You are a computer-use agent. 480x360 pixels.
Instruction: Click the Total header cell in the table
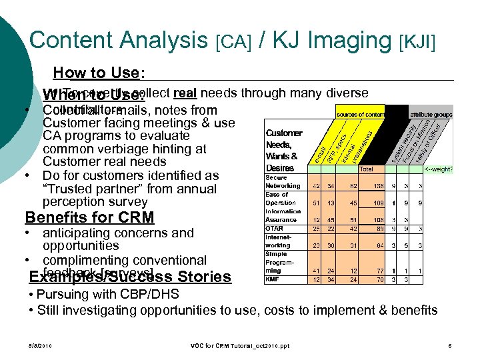tap(366, 169)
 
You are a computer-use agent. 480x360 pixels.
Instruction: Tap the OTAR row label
tap(275, 228)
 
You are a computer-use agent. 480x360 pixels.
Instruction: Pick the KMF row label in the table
tap(273, 279)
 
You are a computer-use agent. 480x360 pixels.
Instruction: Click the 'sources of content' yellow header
tap(361, 114)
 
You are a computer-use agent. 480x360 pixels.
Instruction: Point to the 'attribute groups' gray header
tap(431, 114)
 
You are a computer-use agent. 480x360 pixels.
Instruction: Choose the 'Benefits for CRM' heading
tap(89, 217)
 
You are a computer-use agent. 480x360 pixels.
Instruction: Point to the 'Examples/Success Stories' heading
tap(131, 276)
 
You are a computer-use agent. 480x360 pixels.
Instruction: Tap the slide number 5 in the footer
tap(451, 345)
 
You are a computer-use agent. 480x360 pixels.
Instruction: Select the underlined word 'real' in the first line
tap(184, 93)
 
